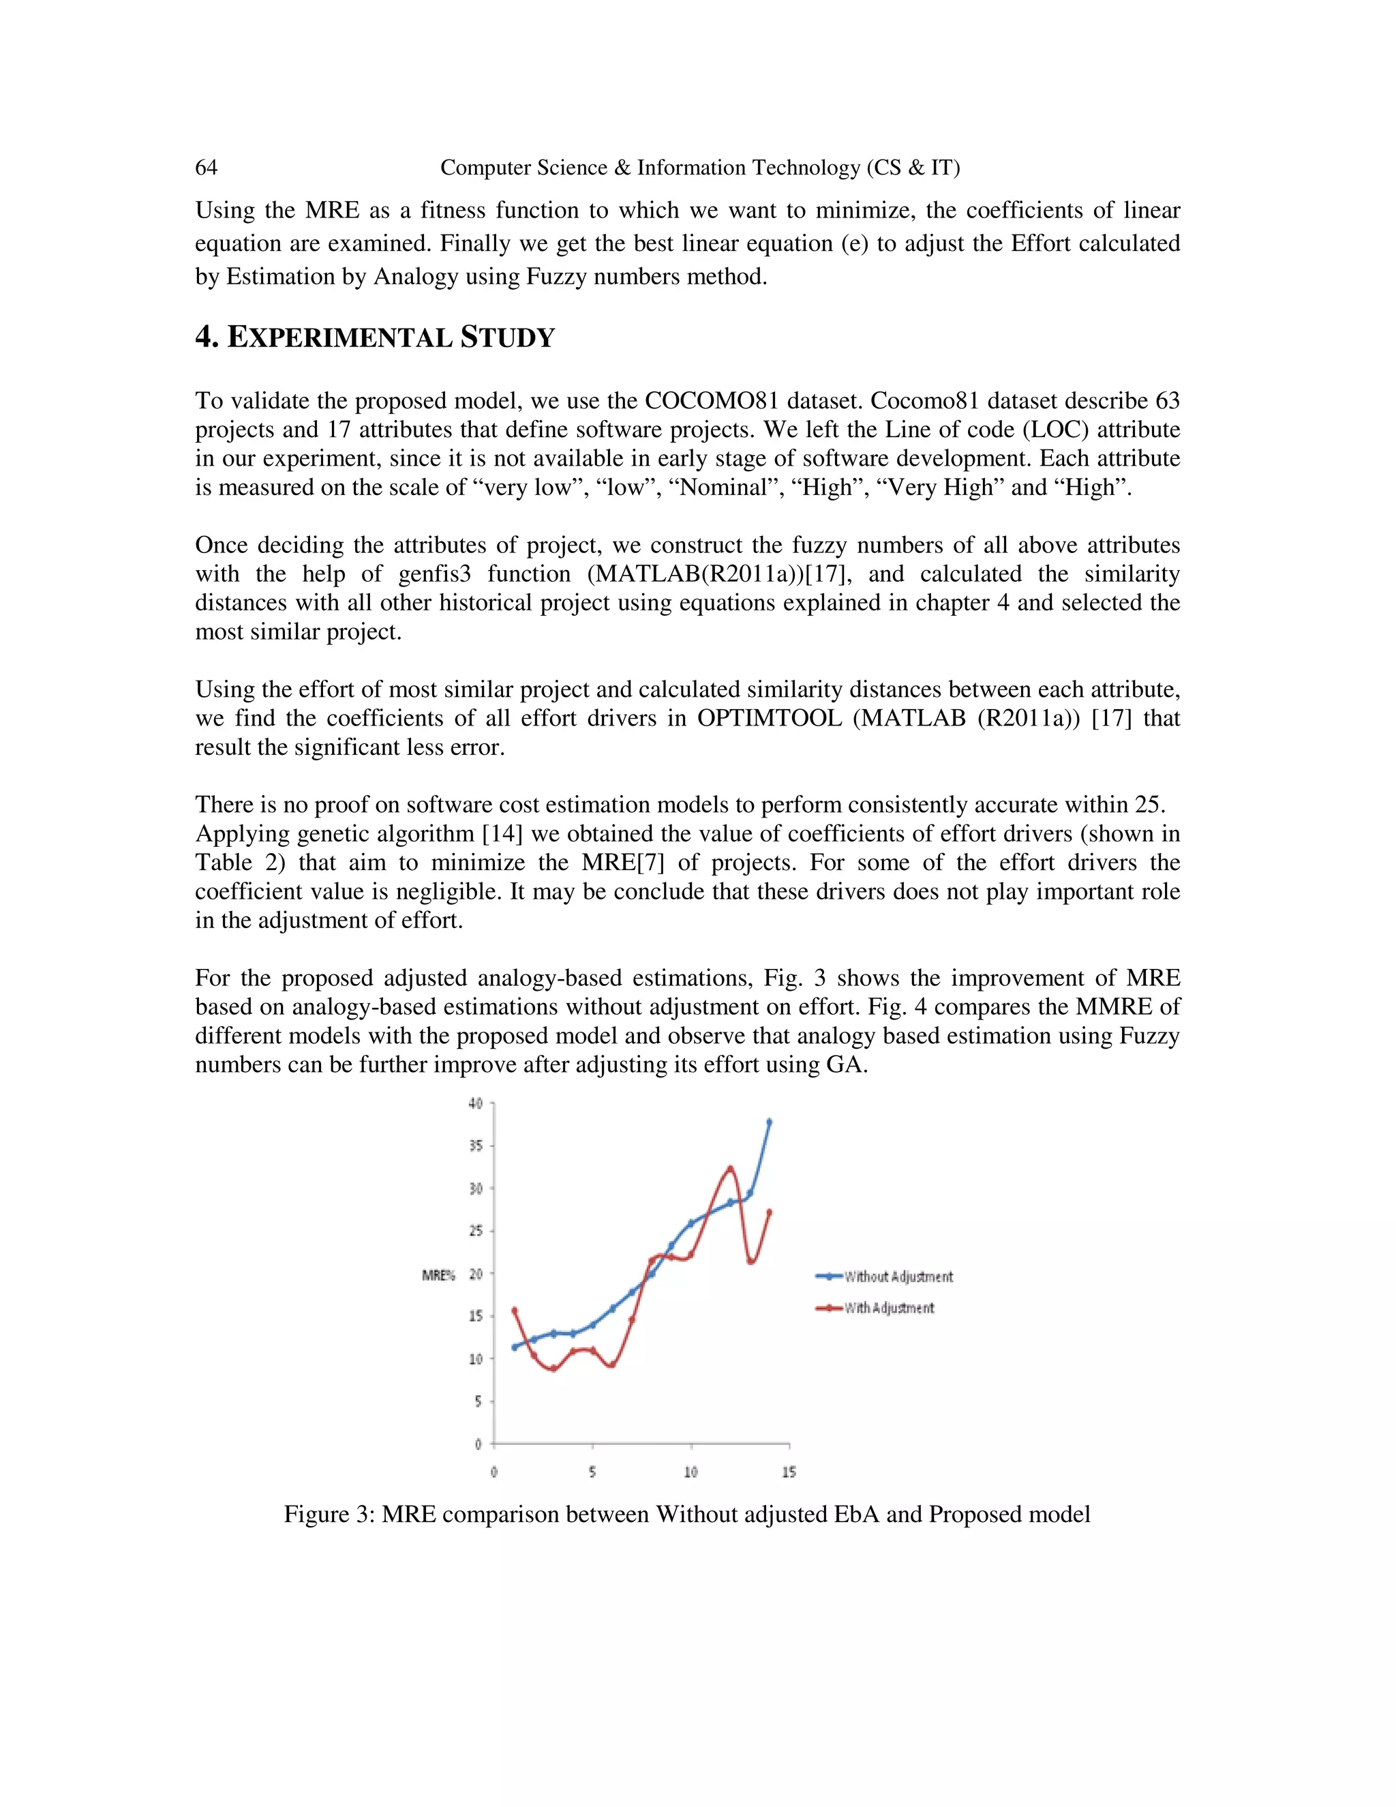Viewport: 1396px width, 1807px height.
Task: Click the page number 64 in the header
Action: pos(206,168)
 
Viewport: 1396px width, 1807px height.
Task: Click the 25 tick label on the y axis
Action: pos(476,1231)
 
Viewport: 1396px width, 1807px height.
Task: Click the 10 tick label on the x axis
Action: pos(691,1473)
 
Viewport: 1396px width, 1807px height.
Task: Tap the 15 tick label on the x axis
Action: pos(789,1473)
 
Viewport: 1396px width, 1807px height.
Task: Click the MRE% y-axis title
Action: pos(438,1276)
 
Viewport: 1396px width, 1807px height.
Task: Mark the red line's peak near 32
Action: pos(729,1169)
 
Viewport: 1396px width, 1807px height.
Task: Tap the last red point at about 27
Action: pos(769,1213)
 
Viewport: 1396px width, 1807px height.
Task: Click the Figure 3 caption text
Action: pos(686,1514)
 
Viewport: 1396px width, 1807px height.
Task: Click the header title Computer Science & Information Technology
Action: pos(699,168)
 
